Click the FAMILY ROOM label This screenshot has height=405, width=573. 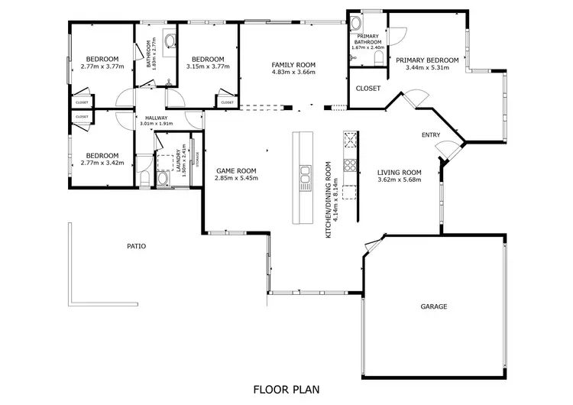pos(293,65)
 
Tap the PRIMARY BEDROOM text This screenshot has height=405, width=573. pos(427,60)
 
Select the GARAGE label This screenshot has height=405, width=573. pos(433,306)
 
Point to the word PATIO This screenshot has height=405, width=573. pos(136,246)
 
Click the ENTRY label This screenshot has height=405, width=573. pos(431,135)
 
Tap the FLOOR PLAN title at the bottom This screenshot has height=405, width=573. pos(286,389)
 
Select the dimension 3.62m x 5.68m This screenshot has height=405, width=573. pos(400,180)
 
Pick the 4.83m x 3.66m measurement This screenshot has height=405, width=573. pos(293,73)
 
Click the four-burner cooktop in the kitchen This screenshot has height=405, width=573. pos(350,164)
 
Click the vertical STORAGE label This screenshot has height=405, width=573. pos(196,159)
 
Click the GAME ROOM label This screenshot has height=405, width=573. pos(235,170)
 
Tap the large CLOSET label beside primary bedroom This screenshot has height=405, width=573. pos(368,89)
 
